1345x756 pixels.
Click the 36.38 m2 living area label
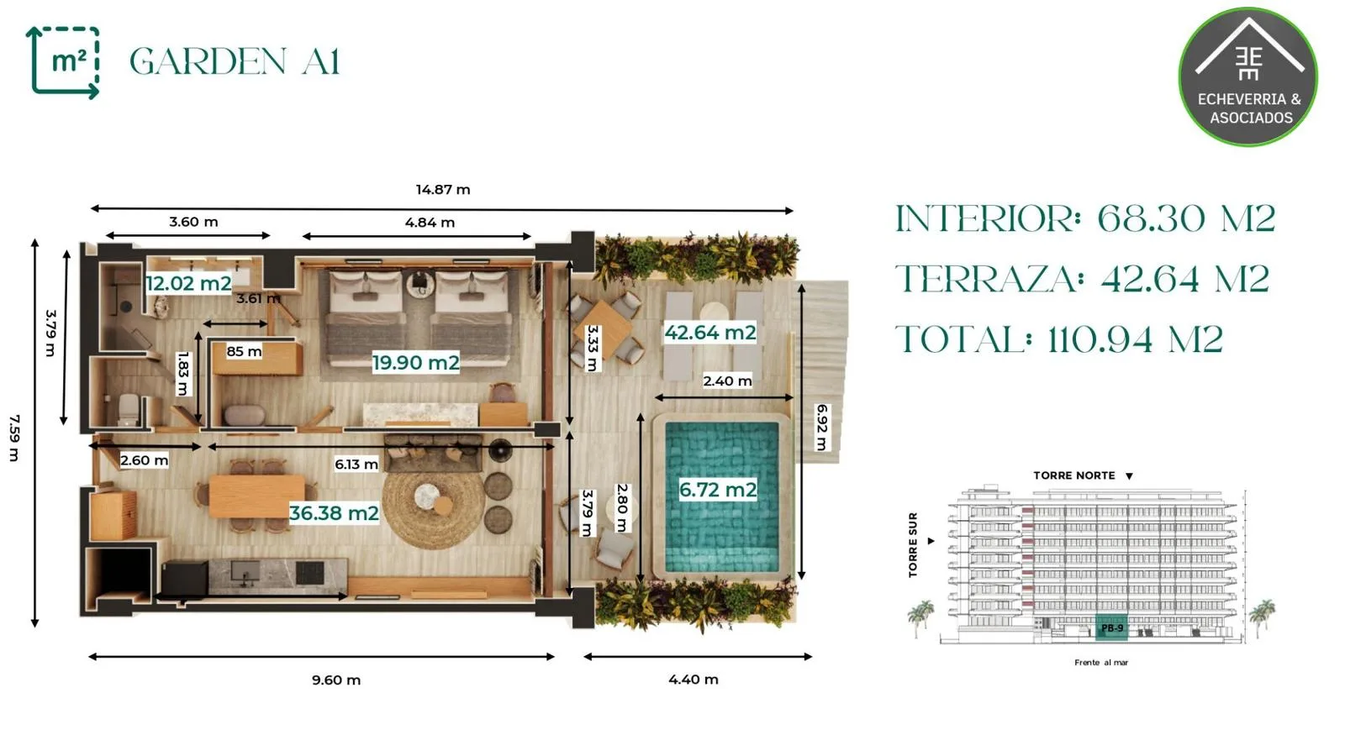pos(334,513)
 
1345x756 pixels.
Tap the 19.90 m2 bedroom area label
pos(415,362)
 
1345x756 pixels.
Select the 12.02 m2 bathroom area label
pos(188,283)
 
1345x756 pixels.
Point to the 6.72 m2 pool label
pos(718,490)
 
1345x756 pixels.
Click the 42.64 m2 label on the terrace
pos(709,333)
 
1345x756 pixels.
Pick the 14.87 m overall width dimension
pos(443,190)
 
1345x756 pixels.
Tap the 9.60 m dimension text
pos(336,680)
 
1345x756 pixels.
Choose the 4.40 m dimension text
pos(694,680)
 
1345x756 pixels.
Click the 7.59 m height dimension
pos(14,438)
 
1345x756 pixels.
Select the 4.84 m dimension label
pos(430,223)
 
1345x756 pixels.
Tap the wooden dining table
pos(257,496)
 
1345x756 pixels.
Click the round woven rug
pos(434,501)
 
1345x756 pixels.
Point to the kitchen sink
pos(245,573)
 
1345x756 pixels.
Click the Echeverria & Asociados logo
pos(1248,76)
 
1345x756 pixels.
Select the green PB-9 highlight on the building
pos(1110,627)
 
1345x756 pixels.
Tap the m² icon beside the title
pos(64,62)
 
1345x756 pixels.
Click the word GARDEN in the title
pos(208,61)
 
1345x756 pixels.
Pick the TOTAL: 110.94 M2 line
pos(1059,339)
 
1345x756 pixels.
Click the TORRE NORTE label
pos(1074,475)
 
